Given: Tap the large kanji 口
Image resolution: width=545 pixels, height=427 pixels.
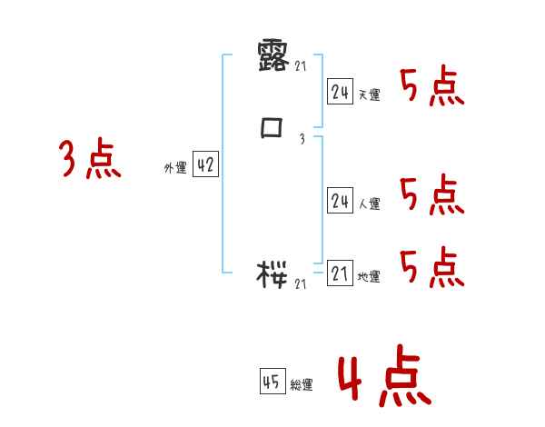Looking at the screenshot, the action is tap(272, 129).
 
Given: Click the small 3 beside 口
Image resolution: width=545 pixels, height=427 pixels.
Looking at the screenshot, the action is tap(302, 139).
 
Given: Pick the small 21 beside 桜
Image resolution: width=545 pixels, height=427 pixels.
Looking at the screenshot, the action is tap(302, 283).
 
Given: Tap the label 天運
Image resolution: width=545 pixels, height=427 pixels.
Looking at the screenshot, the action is tap(369, 94).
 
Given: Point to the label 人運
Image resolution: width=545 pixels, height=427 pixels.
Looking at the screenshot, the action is tap(369, 204).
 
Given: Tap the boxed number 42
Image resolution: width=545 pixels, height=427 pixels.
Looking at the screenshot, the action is tap(205, 165).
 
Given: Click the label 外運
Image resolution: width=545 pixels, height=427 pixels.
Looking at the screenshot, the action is tap(175, 168).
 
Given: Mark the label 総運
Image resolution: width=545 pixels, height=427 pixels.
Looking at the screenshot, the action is tap(302, 384).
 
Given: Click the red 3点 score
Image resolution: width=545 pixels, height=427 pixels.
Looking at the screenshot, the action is tap(90, 160).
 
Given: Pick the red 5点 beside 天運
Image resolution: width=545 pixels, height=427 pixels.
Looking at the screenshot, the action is tap(431, 88).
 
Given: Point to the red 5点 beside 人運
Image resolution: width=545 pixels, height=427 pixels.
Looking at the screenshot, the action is tap(431, 195).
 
